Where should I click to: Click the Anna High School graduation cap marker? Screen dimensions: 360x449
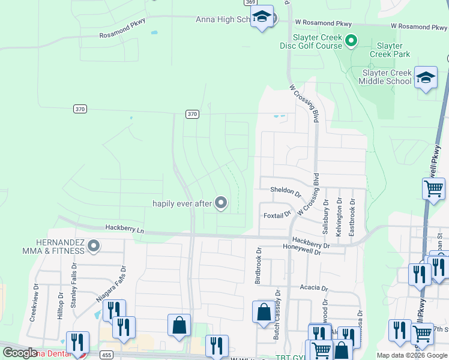coord(262,17)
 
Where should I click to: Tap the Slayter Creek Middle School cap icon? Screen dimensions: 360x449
coord(426,79)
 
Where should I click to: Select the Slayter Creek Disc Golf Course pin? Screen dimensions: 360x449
coord(352,41)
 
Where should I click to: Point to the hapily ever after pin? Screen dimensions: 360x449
coord(221,203)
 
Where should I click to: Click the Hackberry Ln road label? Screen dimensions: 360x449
coord(125,229)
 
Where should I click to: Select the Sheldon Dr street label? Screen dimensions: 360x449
coord(285,192)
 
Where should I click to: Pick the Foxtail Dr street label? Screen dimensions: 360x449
coord(277,214)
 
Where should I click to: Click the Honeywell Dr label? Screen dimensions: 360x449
coord(303,253)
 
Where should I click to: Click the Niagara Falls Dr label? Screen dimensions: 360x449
coord(111,284)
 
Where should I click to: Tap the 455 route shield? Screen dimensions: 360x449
coord(107,354)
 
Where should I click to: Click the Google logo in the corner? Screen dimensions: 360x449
coord(20,353)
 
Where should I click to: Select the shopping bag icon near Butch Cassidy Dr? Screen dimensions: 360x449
coord(264,313)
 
